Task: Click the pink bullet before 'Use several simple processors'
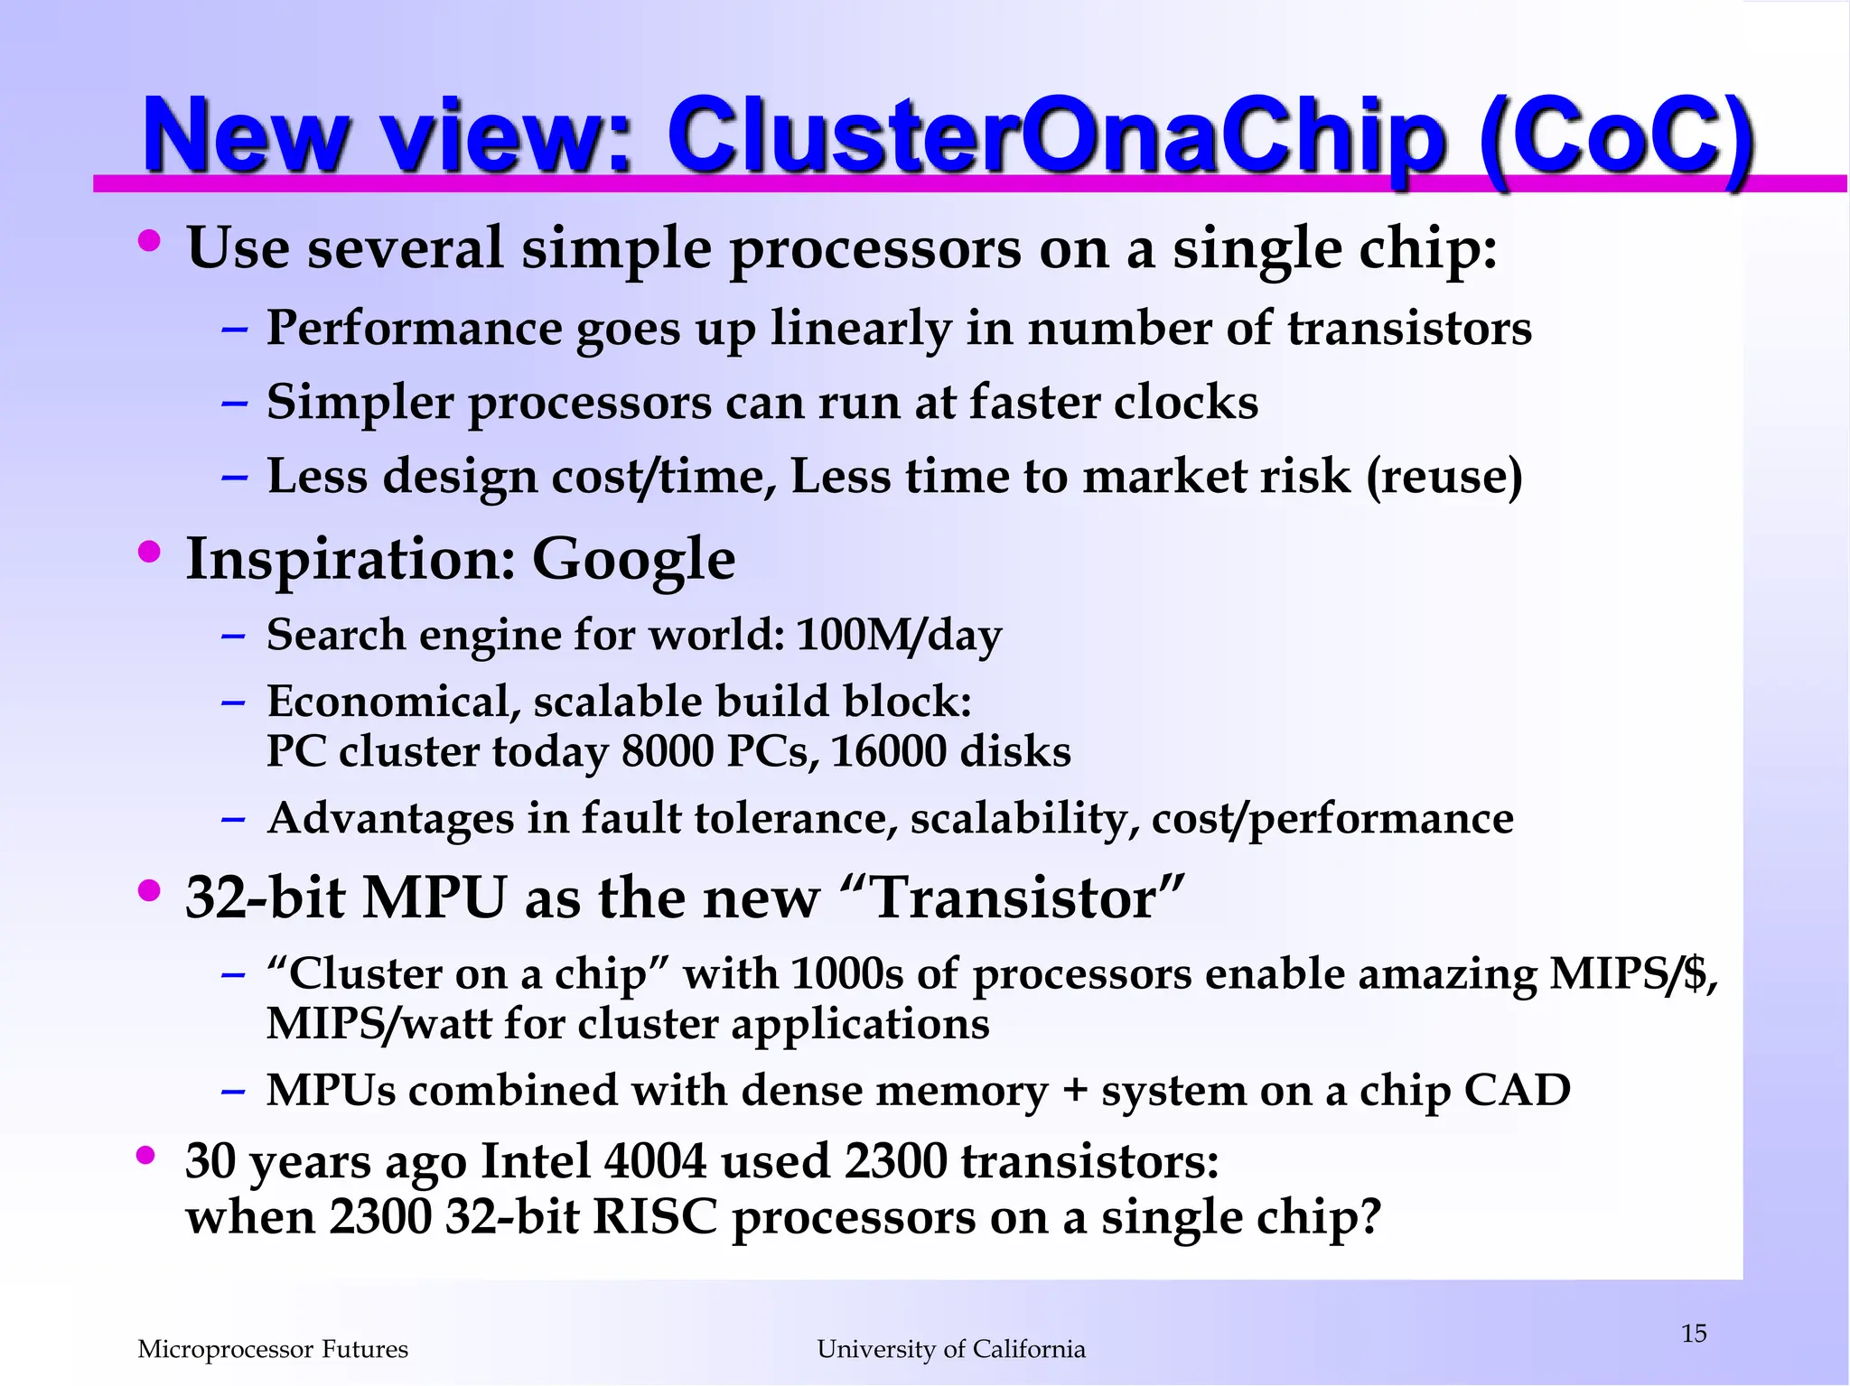pyautogui.click(x=150, y=241)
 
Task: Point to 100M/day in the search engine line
pyautogui.click(x=899, y=635)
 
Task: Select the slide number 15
pyautogui.click(x=1694, y=1333)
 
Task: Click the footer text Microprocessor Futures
pyautogui.click(x=273, y=1349)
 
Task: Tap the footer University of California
pyautogui.click(x=951, y=1349)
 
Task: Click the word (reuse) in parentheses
pyautogui.click(x=1444, y=476)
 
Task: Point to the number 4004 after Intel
pyautogui.click(x=655, y=1161)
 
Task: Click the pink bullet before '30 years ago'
pyautogui.click(x=146, y=1155)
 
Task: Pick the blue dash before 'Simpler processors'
pyautogui.click(x=234, y=403)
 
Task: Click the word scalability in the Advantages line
pyautogui.click(x=1023, y=819)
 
